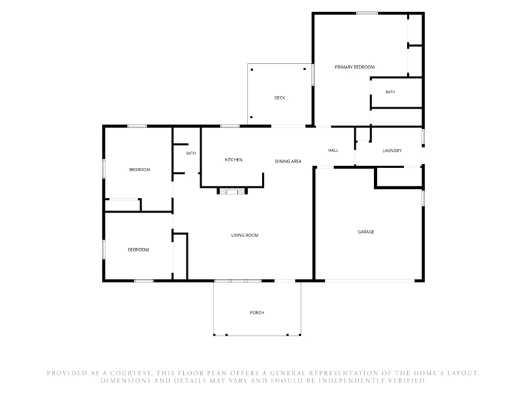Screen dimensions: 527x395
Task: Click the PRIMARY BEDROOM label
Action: click(354, 67)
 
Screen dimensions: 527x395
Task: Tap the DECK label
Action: click(279, 98)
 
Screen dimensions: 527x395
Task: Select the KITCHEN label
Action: click(234, 160)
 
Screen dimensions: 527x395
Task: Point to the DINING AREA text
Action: click(289, 161)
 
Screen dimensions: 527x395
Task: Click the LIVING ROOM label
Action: click(244, 236)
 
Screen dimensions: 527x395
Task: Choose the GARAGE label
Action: click(366, 232)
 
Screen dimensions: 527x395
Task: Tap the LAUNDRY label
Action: click(392, 151)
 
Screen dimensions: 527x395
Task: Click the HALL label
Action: click(333, 151)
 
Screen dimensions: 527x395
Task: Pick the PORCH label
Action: click(257, 313)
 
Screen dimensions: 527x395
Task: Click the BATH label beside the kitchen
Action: click(191, 153)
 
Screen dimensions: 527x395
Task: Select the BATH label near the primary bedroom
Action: click(390, 92)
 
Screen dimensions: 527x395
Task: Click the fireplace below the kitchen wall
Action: click(233, 192)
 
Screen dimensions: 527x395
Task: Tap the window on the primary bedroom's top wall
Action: click(367, 13)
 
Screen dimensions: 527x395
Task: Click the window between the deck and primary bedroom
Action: click(312, 74)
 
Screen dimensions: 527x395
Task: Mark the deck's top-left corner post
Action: click(252, 70)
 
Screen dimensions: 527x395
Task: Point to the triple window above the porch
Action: click(238, 281)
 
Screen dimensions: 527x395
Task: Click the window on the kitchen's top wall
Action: click(230, 126)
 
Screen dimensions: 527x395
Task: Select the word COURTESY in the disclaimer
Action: click(129, 373)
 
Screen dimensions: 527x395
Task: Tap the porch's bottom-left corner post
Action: click(214, 335)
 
